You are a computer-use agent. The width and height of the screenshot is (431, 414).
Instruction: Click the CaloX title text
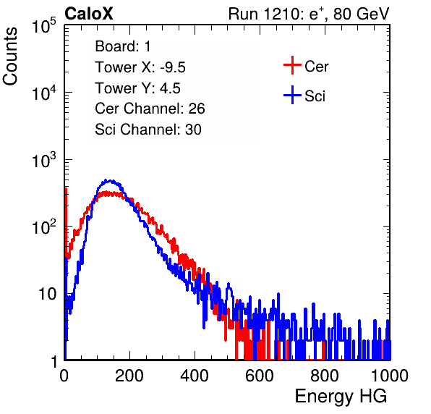[88, 14]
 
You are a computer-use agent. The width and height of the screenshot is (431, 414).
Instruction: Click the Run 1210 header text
[309, 14]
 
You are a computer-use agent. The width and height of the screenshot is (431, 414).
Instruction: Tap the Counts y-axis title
[10, 56]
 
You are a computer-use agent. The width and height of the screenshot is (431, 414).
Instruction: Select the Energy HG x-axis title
[341, 397]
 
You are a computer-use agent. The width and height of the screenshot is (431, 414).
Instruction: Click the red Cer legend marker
[292, 65]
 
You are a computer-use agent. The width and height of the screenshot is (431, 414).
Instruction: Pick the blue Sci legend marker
[292, 95]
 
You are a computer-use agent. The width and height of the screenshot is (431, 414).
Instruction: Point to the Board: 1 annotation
[123, 46]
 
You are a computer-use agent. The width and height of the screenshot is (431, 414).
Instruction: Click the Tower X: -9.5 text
[140, 67]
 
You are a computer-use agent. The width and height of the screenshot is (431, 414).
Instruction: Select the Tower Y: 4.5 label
[137, 88]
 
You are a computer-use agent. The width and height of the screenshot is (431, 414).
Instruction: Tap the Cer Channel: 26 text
[150, 109]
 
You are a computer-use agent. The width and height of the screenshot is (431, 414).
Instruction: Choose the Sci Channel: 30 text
[148, 130]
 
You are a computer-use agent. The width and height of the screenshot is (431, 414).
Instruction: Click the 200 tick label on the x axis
[129, 376]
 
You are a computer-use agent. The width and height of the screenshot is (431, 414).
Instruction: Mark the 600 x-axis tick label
[260, 376]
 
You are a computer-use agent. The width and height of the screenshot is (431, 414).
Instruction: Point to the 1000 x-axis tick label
[390, 376]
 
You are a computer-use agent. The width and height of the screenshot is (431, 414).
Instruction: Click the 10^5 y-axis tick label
[44, 26]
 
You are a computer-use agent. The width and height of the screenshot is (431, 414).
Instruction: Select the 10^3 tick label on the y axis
[44, 161]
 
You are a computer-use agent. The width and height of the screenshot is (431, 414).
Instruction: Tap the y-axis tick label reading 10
[47, 294]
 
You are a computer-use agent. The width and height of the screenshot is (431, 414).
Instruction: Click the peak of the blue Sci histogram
[111, 180]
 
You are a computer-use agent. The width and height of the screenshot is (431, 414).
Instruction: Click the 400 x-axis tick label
[195, 376]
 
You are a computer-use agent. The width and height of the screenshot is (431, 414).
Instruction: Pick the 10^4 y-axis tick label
[44, 93]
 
